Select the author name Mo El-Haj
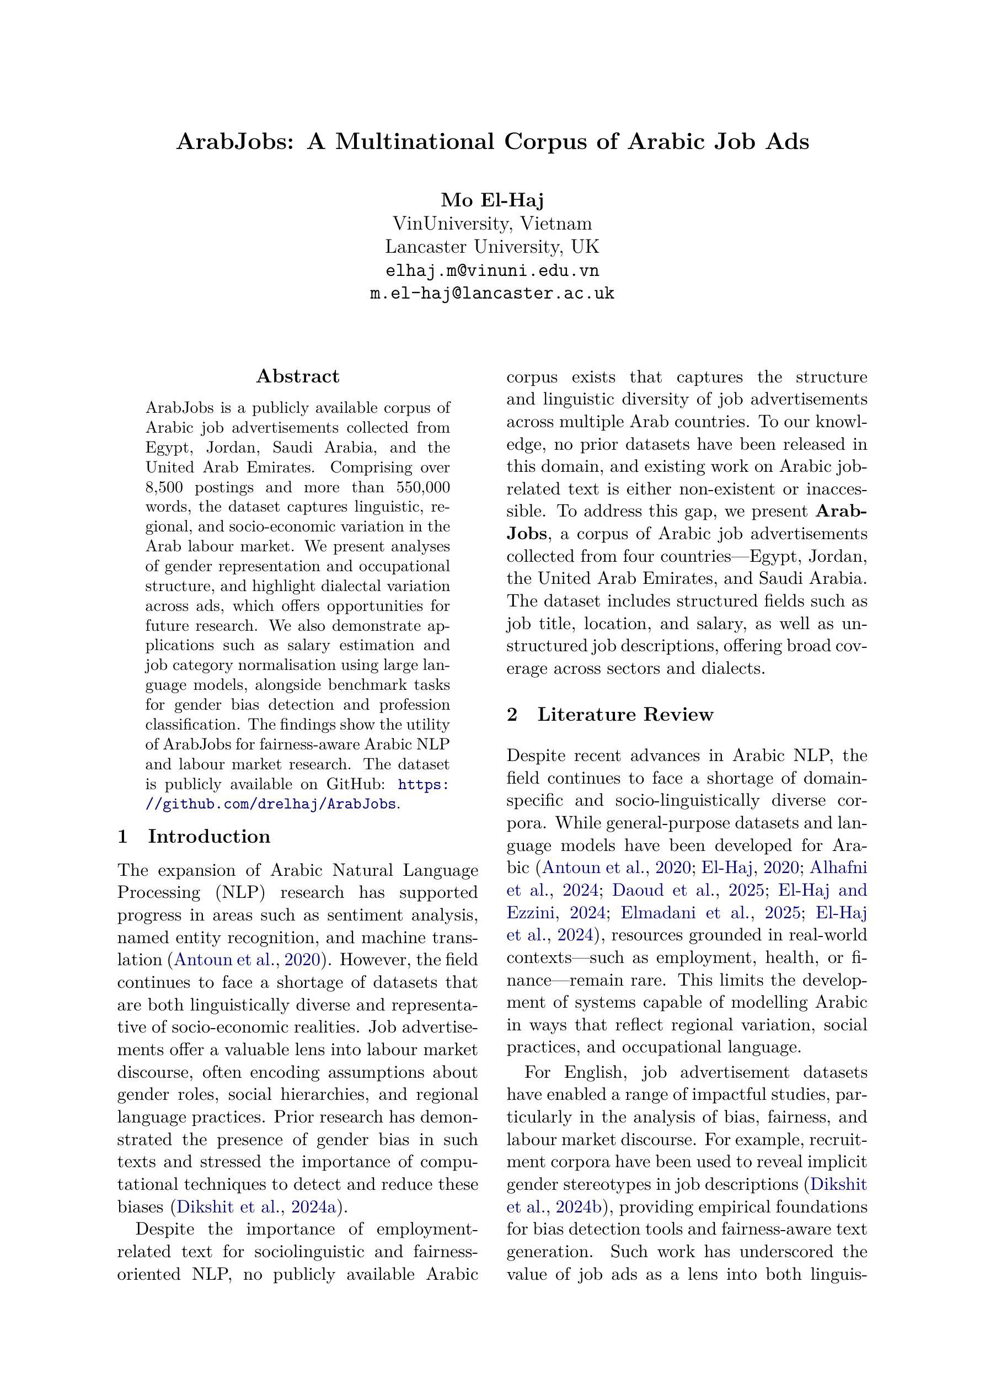click(x=492, y=200)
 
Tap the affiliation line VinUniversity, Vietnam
click(x=492, y=224)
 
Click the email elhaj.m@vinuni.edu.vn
click(x=492, y=270)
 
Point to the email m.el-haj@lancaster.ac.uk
click(x=492, y=294)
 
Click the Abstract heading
click(x=297, y=376)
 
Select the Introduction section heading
click(x=209, y=837)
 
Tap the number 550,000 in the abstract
click(x=423, y=487)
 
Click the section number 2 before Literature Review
click(x=512, y=715)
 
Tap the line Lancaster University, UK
click(x=492, y=247)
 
